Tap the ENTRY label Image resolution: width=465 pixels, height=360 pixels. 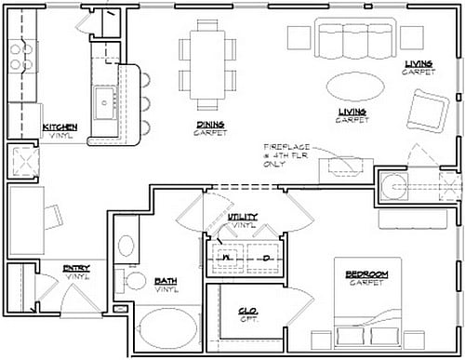point(76,269)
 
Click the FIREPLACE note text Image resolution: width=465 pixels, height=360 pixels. point(286,148)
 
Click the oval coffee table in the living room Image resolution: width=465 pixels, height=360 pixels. point(357,86)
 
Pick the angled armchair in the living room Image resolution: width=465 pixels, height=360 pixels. point(430,110)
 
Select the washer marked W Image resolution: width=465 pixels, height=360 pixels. point(224,257)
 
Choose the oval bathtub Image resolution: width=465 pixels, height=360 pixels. point(166,332)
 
